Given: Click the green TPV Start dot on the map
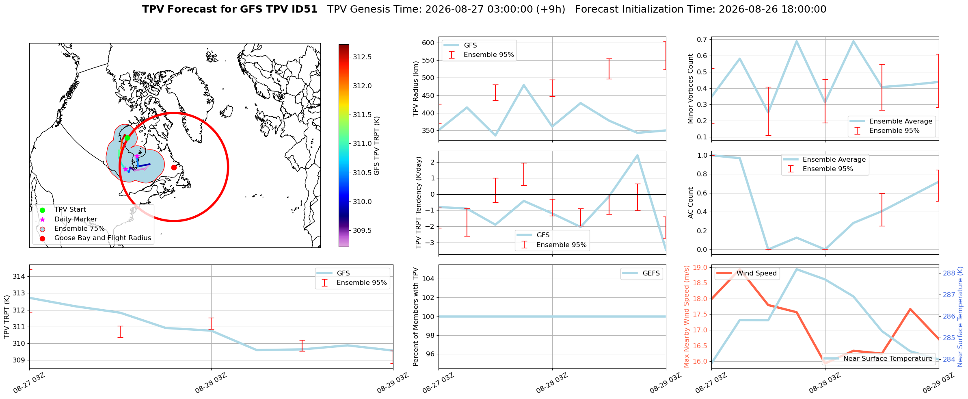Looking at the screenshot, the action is pos(127,138).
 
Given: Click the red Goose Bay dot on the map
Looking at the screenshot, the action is pos(174,167).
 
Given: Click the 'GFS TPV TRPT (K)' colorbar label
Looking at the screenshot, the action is pos(377,145).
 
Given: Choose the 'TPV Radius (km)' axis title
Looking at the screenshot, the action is pos(416,89).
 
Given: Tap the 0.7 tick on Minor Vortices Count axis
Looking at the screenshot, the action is pos(702,39).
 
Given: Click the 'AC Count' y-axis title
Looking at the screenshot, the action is pos(691,203).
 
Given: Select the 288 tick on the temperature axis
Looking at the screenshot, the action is pos(949,273).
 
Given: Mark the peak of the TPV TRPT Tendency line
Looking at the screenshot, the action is pos(637,155).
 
